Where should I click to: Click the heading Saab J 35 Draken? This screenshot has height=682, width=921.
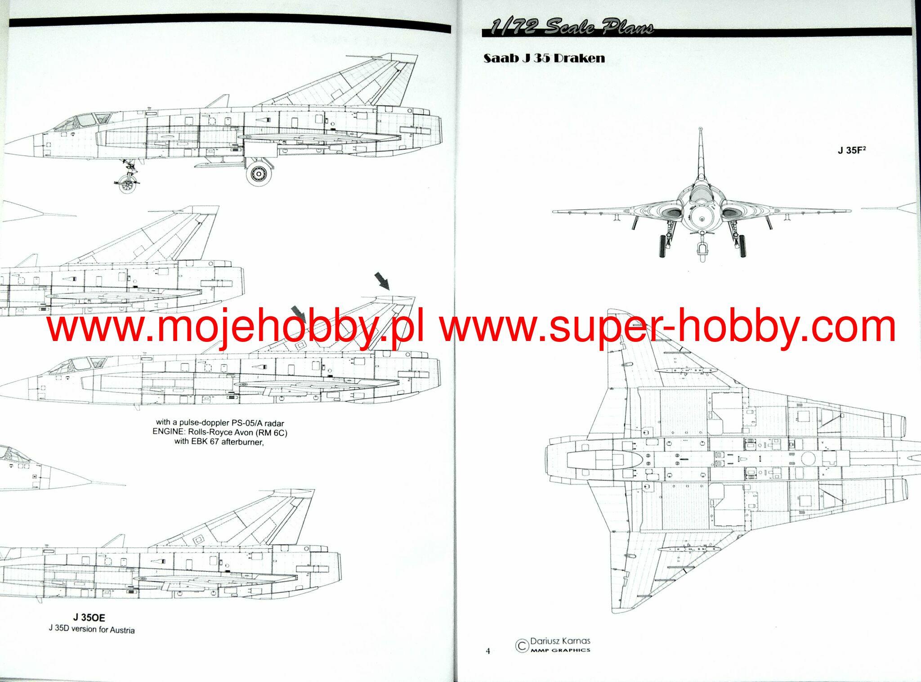(x=544, y=58)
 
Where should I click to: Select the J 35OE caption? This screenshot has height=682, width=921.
(x=89, y=618)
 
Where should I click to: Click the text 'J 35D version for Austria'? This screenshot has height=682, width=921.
(x=91, y=629)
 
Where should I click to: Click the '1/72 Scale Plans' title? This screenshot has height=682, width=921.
(x=572, y=28)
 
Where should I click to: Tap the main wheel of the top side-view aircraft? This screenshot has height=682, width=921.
(x=259, y=173)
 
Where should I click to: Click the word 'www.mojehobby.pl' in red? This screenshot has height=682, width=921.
(x=234, y=328)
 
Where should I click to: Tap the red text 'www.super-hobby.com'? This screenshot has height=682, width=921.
(x=667, y=328)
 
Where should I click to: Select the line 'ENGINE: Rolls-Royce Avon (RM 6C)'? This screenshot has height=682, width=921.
(x=220, y=432)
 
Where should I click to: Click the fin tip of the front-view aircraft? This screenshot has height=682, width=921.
(x=701, y=142)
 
